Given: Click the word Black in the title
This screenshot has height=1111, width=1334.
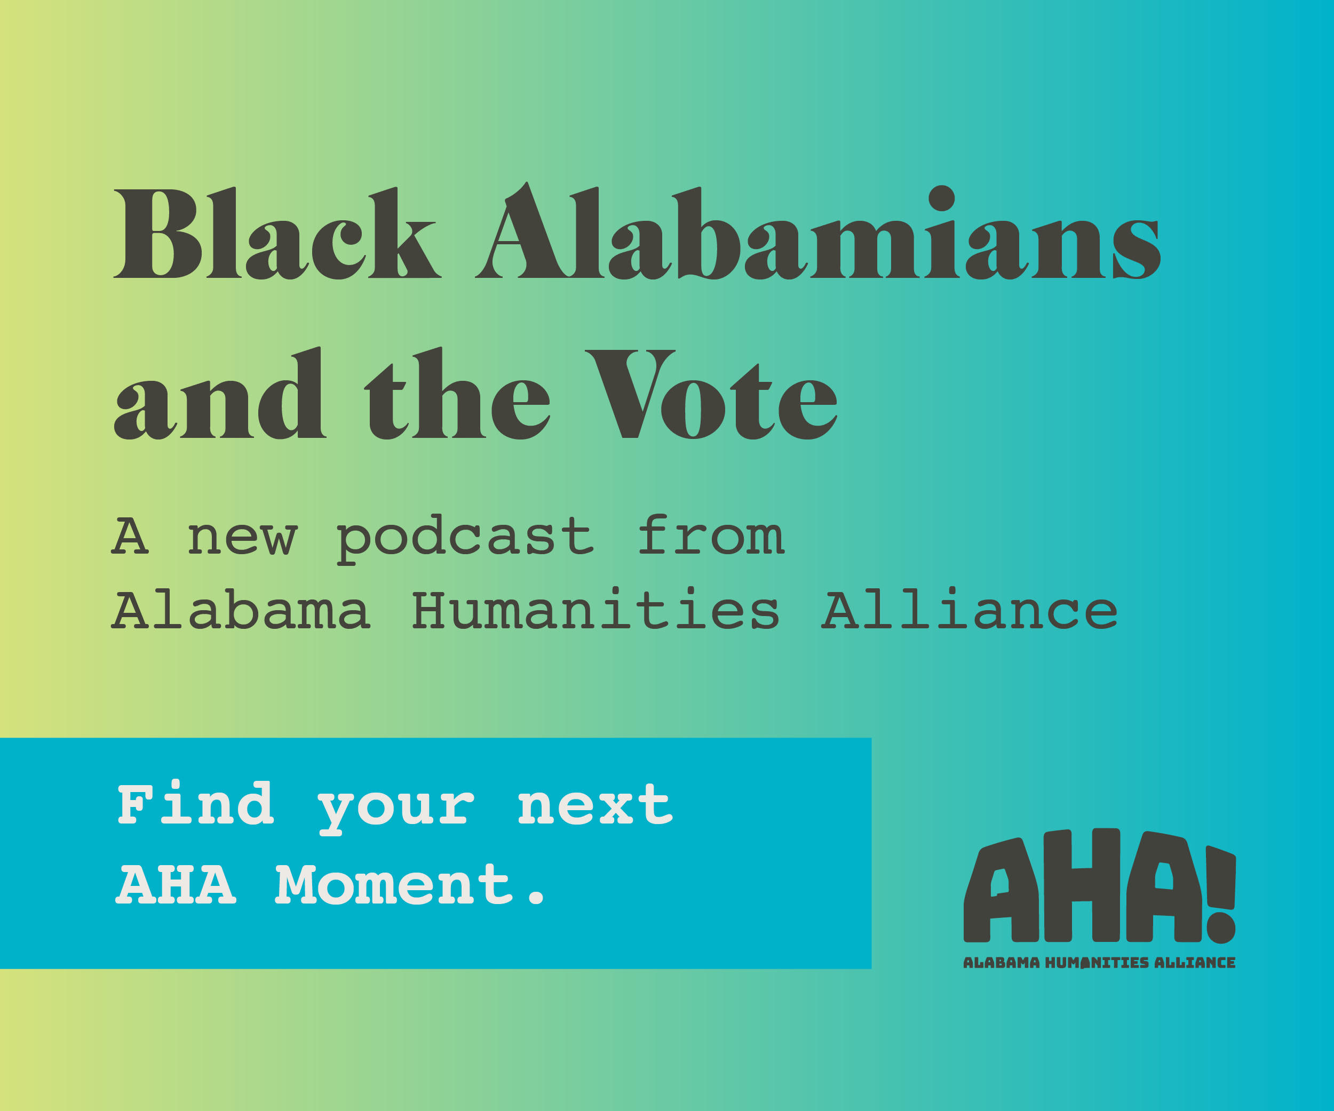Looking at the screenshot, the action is (x=277, y=233).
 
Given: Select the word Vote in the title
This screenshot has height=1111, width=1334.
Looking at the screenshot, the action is (x=711, y=394).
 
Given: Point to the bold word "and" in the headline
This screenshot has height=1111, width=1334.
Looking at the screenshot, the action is (x=220, y=393).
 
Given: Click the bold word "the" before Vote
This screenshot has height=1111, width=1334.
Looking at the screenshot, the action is (x=457, y=393).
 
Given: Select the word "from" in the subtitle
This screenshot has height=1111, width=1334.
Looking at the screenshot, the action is (x=711, y=534).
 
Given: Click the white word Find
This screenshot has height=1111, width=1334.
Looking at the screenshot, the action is (x=196, y=803).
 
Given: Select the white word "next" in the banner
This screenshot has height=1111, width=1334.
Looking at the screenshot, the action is (x=595, y=805).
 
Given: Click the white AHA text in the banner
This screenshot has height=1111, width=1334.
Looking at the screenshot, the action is (x=176, y=885).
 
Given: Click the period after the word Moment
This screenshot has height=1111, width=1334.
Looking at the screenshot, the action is (x=536, y=897).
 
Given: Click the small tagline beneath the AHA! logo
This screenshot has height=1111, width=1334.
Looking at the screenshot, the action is (x=1099, y=963).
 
